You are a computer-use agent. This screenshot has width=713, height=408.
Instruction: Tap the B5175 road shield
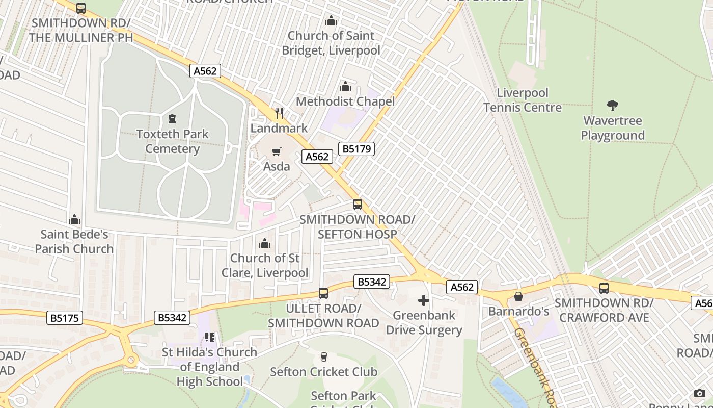click(x=65, y=318)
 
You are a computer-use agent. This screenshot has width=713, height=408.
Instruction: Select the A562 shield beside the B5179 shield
click(x=317, y=157)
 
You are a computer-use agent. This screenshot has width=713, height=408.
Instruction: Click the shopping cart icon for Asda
click(x=277, y=151)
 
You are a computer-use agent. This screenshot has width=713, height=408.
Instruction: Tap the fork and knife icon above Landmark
click(x=279, y=113)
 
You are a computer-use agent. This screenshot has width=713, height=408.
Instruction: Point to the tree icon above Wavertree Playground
click(x=613, y=106)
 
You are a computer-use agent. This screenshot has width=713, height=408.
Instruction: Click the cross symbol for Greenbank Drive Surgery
click(x=423, y=300)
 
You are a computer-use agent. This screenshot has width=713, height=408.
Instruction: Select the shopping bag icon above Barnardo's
click(x=518, y=296)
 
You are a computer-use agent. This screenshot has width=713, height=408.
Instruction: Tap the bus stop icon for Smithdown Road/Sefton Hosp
click(x=358, y=205)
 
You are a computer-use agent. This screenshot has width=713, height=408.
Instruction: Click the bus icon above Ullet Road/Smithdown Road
click(x=323, y=293)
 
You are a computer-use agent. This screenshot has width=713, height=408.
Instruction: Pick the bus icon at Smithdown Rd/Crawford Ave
click(x=604, y=288)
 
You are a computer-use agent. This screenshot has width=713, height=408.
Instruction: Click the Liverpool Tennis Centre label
click(x=523, y=100)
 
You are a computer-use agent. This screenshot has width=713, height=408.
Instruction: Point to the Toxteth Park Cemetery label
click(x=173, y=141)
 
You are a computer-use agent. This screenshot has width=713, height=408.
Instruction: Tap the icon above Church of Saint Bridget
click(x=331, y=20)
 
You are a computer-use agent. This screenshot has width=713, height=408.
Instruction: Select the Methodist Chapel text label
click(x=345, y=101)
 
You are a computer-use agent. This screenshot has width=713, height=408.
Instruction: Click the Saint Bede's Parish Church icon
click(x=74, y=219)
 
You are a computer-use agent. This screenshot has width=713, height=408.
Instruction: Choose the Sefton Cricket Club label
click(x=323, y=372)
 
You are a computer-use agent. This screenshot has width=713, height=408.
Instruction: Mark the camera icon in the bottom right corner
click(x=700, y=393)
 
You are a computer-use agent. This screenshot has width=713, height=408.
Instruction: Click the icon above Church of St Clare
click(x=265, y=243)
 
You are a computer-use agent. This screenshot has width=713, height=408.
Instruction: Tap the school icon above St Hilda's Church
click(x=210, y=337)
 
